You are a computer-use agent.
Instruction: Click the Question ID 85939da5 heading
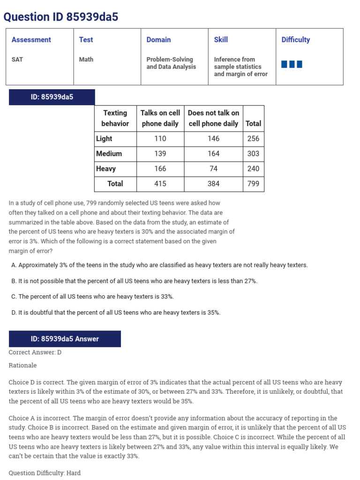(x=61, y=17)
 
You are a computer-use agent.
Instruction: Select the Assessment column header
(x=31, y=40)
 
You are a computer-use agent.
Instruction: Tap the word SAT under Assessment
(x=17, y=60)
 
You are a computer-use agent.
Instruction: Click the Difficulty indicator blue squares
(x=292, y=64)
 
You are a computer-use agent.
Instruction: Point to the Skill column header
(x=221, y=40)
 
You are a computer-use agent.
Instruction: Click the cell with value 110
(x=160, y=139)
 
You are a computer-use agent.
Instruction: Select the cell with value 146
(x=213, y=139)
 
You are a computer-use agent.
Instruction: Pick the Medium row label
(x=109, y=154)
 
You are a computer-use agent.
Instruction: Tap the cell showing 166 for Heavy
(x=160, y=169)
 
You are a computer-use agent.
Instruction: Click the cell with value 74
(x=213, y=169)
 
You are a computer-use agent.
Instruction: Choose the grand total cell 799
(x=253, y=184)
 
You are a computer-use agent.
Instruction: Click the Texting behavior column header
(x=115, y=118)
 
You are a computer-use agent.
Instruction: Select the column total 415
(x=160, y=184)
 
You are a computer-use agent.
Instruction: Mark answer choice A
(x=159, y=265)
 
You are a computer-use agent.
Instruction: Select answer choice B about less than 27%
(x=134, y=281)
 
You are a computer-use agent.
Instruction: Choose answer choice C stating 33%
(x=93, y=297)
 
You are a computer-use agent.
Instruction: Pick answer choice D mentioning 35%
(x=116, y=313)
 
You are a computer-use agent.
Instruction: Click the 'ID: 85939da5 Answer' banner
(x=65, y=339)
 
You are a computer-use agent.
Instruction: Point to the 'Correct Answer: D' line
(x=35, y=352)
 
